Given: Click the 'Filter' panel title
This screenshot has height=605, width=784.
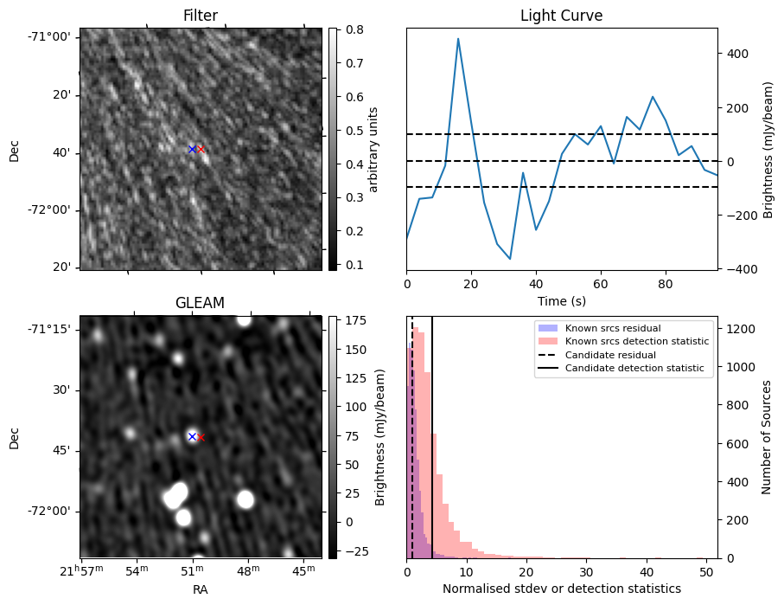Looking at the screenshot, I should coord(201,16).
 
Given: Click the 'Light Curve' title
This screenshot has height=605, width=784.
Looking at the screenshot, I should coord(561,16).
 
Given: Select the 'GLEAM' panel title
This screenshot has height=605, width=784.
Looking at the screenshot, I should coord(201,303).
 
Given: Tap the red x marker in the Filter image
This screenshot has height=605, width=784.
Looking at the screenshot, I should coord(201,149).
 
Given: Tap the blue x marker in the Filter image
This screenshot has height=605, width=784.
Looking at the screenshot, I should coord(192,149).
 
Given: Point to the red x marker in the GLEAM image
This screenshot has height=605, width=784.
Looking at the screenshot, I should coord(201,437).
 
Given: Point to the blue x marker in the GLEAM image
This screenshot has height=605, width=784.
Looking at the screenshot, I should coord(192,436).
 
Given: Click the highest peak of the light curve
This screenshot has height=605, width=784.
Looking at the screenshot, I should coord(458,38).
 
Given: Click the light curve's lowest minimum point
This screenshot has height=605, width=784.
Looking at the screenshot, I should coord(510,259).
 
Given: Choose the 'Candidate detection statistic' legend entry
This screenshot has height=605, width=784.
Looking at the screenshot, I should coord(634,369).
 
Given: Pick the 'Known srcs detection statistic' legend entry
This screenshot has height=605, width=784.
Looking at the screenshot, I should coord(636,341).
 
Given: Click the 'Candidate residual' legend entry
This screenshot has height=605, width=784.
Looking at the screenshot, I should coord(609,355).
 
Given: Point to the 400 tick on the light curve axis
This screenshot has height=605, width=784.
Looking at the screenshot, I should coord(736,54).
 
